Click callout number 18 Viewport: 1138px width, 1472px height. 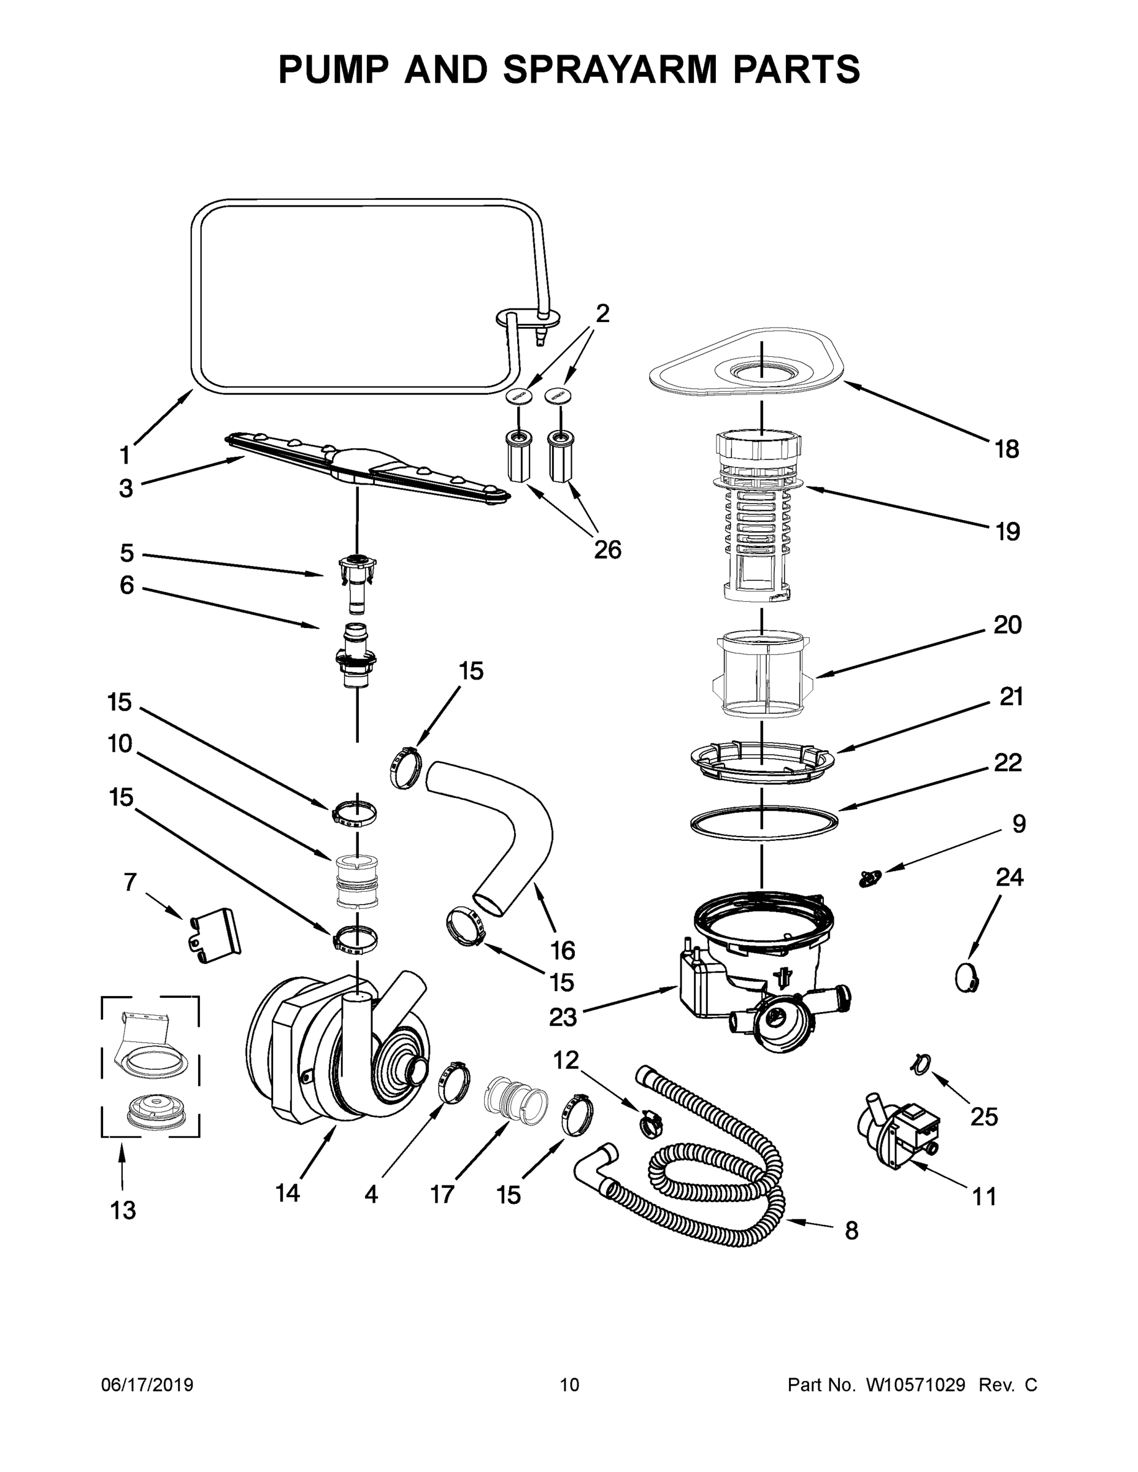[1007, 449]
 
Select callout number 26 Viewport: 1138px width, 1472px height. [607, 550]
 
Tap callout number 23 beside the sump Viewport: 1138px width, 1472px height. [563, 1017]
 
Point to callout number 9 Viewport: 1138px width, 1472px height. [1018, 824]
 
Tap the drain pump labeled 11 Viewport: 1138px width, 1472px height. [897, 1132]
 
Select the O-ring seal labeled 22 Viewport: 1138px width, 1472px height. [764, 822]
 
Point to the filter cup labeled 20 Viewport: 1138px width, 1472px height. [762, 674]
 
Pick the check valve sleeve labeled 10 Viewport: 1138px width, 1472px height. [356, 880]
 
